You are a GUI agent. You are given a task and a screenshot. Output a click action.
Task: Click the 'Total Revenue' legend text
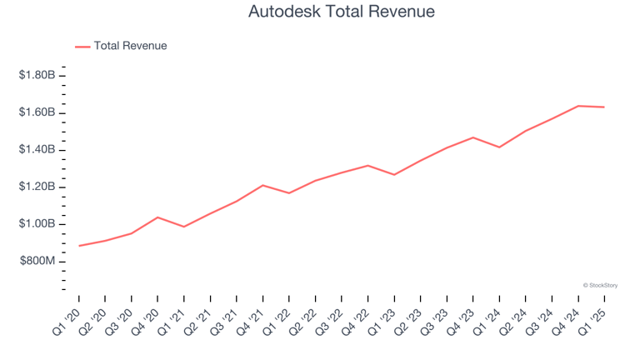pos(130,46)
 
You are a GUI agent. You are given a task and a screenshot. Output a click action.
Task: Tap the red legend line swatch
pos(82,47)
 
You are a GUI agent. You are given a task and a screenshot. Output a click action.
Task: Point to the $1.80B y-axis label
pos(37,76)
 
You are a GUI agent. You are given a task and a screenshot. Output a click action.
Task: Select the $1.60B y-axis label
pos(37,112)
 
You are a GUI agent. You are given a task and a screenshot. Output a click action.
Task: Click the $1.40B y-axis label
pos(37,150)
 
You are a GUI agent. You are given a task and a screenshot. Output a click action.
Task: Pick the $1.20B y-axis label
pos(37,187)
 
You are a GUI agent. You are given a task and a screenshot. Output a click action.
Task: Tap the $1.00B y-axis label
pos(37,224)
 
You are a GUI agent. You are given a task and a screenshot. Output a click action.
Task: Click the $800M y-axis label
pos(37,262)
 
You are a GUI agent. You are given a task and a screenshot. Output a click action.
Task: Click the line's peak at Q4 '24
pos(577,106)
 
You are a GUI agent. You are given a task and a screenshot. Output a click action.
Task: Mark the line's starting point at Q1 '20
pos(79,246)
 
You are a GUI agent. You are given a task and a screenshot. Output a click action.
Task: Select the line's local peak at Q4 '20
pos(157,217)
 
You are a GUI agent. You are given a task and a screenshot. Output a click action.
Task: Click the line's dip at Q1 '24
pos(499,147)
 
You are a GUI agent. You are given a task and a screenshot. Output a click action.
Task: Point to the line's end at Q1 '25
pos(603,107)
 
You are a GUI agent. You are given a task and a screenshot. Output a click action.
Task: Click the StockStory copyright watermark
pos(600,285)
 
